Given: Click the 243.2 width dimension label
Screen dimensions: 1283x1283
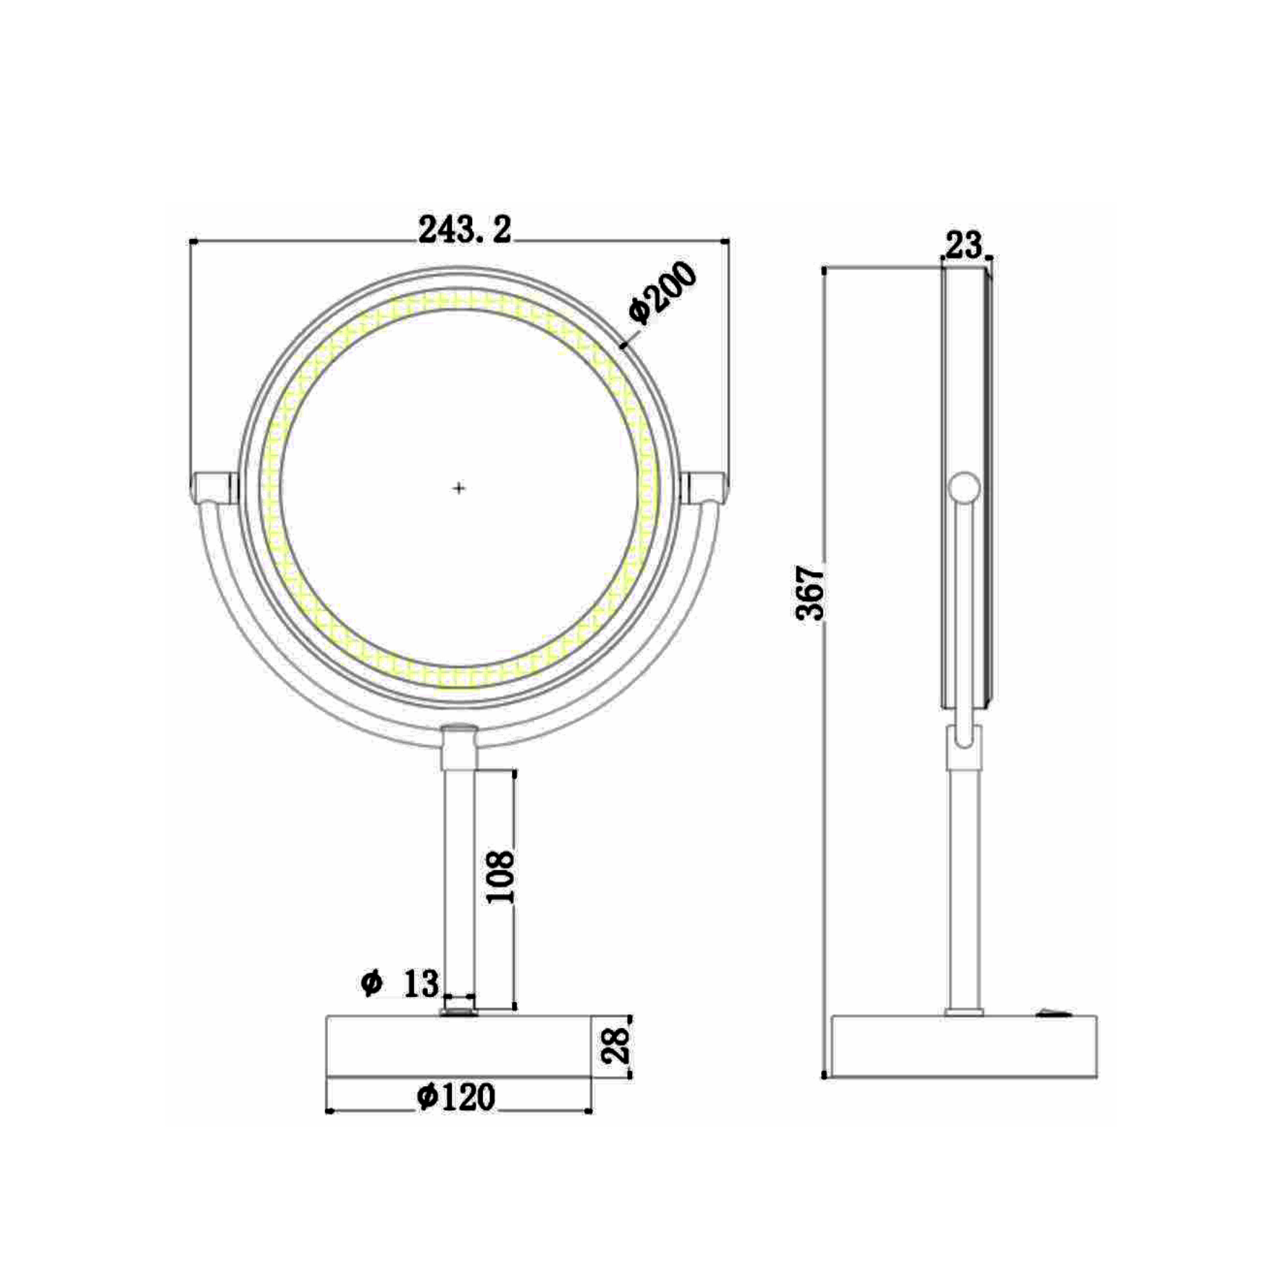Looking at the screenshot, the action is tap(465, 230).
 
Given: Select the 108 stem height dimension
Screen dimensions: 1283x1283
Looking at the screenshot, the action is tap(500, 877).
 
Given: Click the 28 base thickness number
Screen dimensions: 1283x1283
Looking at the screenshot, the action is tap(615, 1047).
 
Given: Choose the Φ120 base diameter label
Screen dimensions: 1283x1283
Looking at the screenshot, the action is tap(456, 1097).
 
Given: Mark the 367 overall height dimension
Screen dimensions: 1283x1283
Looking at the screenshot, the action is tap(810, 594).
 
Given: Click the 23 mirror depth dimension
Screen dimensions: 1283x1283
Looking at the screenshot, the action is tap(964, 245).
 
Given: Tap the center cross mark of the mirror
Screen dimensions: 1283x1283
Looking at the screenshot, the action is tap(458, 489).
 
